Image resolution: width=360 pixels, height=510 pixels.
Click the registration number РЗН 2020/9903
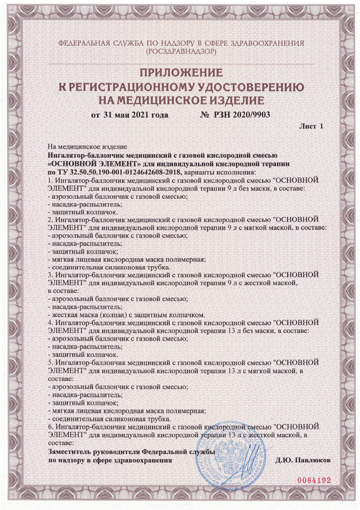point(242,115)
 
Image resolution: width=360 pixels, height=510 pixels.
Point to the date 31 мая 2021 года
point(129,115)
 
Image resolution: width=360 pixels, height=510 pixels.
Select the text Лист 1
point(311,126)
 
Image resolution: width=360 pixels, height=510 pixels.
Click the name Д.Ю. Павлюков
point(302,461)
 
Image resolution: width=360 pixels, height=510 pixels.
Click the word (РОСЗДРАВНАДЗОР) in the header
point(180,51)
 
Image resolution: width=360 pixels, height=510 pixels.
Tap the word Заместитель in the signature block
point(69,452)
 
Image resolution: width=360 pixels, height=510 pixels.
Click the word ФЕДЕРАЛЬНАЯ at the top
point(83,43)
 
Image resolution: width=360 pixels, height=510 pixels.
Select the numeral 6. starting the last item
point(50,427)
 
